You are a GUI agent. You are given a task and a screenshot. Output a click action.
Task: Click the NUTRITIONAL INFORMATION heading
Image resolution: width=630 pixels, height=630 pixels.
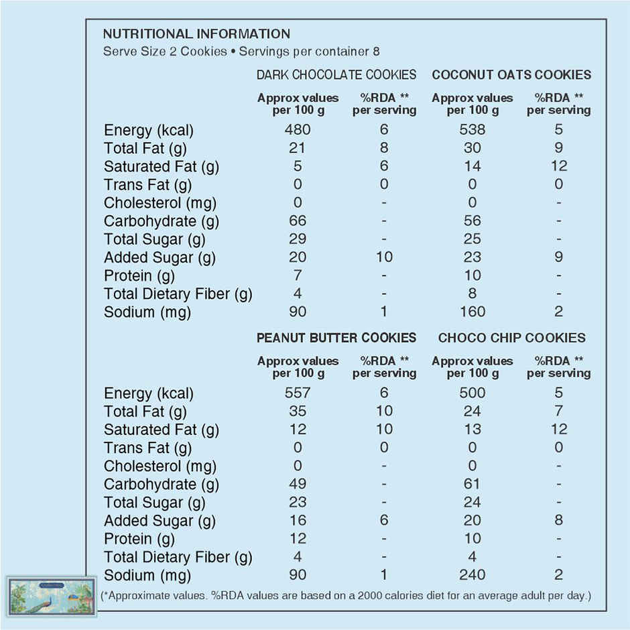point(196,34)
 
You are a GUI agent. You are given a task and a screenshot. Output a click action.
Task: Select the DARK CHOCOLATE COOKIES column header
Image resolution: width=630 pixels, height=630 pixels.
point(336,74)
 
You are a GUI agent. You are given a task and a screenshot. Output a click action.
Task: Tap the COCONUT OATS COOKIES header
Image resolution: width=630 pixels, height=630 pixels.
point(511,74)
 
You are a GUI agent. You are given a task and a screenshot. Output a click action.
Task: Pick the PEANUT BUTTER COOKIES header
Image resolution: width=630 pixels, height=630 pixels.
point(336,338)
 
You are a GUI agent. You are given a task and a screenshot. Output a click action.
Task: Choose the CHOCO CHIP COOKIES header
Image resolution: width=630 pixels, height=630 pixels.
point(511,338)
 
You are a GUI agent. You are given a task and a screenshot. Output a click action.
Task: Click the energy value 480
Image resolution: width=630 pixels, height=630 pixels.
point(298,130)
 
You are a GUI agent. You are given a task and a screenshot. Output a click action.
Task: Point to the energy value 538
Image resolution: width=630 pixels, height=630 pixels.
point(472,130)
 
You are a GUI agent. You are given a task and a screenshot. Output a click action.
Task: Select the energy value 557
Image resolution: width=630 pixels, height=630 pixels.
point(298,393)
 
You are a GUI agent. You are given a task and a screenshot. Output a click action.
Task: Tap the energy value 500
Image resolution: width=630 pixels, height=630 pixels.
point(472,393)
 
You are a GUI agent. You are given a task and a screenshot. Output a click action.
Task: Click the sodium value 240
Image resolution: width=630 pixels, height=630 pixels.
point(472,575)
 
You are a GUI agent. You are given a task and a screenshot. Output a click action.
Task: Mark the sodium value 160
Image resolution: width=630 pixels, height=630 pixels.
point(472,312)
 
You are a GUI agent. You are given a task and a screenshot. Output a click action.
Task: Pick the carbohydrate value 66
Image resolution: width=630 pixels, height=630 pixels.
point(298,221)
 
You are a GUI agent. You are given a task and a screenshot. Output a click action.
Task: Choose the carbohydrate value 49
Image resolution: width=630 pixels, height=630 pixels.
point(298,485)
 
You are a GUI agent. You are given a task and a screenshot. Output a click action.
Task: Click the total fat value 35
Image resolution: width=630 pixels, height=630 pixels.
point(298,412)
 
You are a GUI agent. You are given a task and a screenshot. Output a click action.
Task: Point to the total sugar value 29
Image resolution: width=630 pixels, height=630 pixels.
point(298,239)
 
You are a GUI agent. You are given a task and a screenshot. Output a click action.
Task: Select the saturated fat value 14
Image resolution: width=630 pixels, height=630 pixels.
point(472,166)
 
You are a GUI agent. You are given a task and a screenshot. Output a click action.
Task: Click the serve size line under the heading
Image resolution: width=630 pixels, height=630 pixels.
point(242,52)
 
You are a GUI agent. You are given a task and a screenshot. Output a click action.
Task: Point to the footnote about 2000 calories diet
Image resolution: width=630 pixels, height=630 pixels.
point(346,595)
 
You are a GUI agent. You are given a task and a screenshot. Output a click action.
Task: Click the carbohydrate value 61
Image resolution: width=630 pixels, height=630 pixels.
point(472,485)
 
